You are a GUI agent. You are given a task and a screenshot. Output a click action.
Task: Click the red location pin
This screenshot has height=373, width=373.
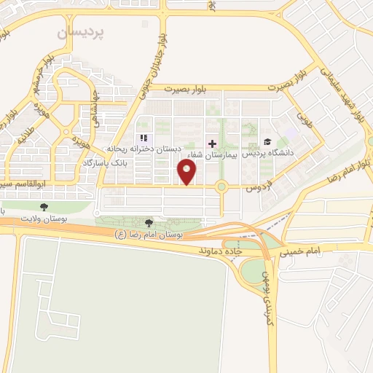point(188,172)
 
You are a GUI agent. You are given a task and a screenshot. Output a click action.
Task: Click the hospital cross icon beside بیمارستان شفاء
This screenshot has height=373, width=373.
point(213,143)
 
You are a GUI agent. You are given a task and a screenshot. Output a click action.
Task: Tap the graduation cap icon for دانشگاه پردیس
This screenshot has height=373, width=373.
point(267,142)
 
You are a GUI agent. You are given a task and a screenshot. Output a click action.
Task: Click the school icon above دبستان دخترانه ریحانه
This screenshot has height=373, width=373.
point(144,138)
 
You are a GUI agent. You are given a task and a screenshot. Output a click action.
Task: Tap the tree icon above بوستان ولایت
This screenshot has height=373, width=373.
point(43,207)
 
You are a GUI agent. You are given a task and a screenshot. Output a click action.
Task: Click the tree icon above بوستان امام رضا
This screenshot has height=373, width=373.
point(150,223)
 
